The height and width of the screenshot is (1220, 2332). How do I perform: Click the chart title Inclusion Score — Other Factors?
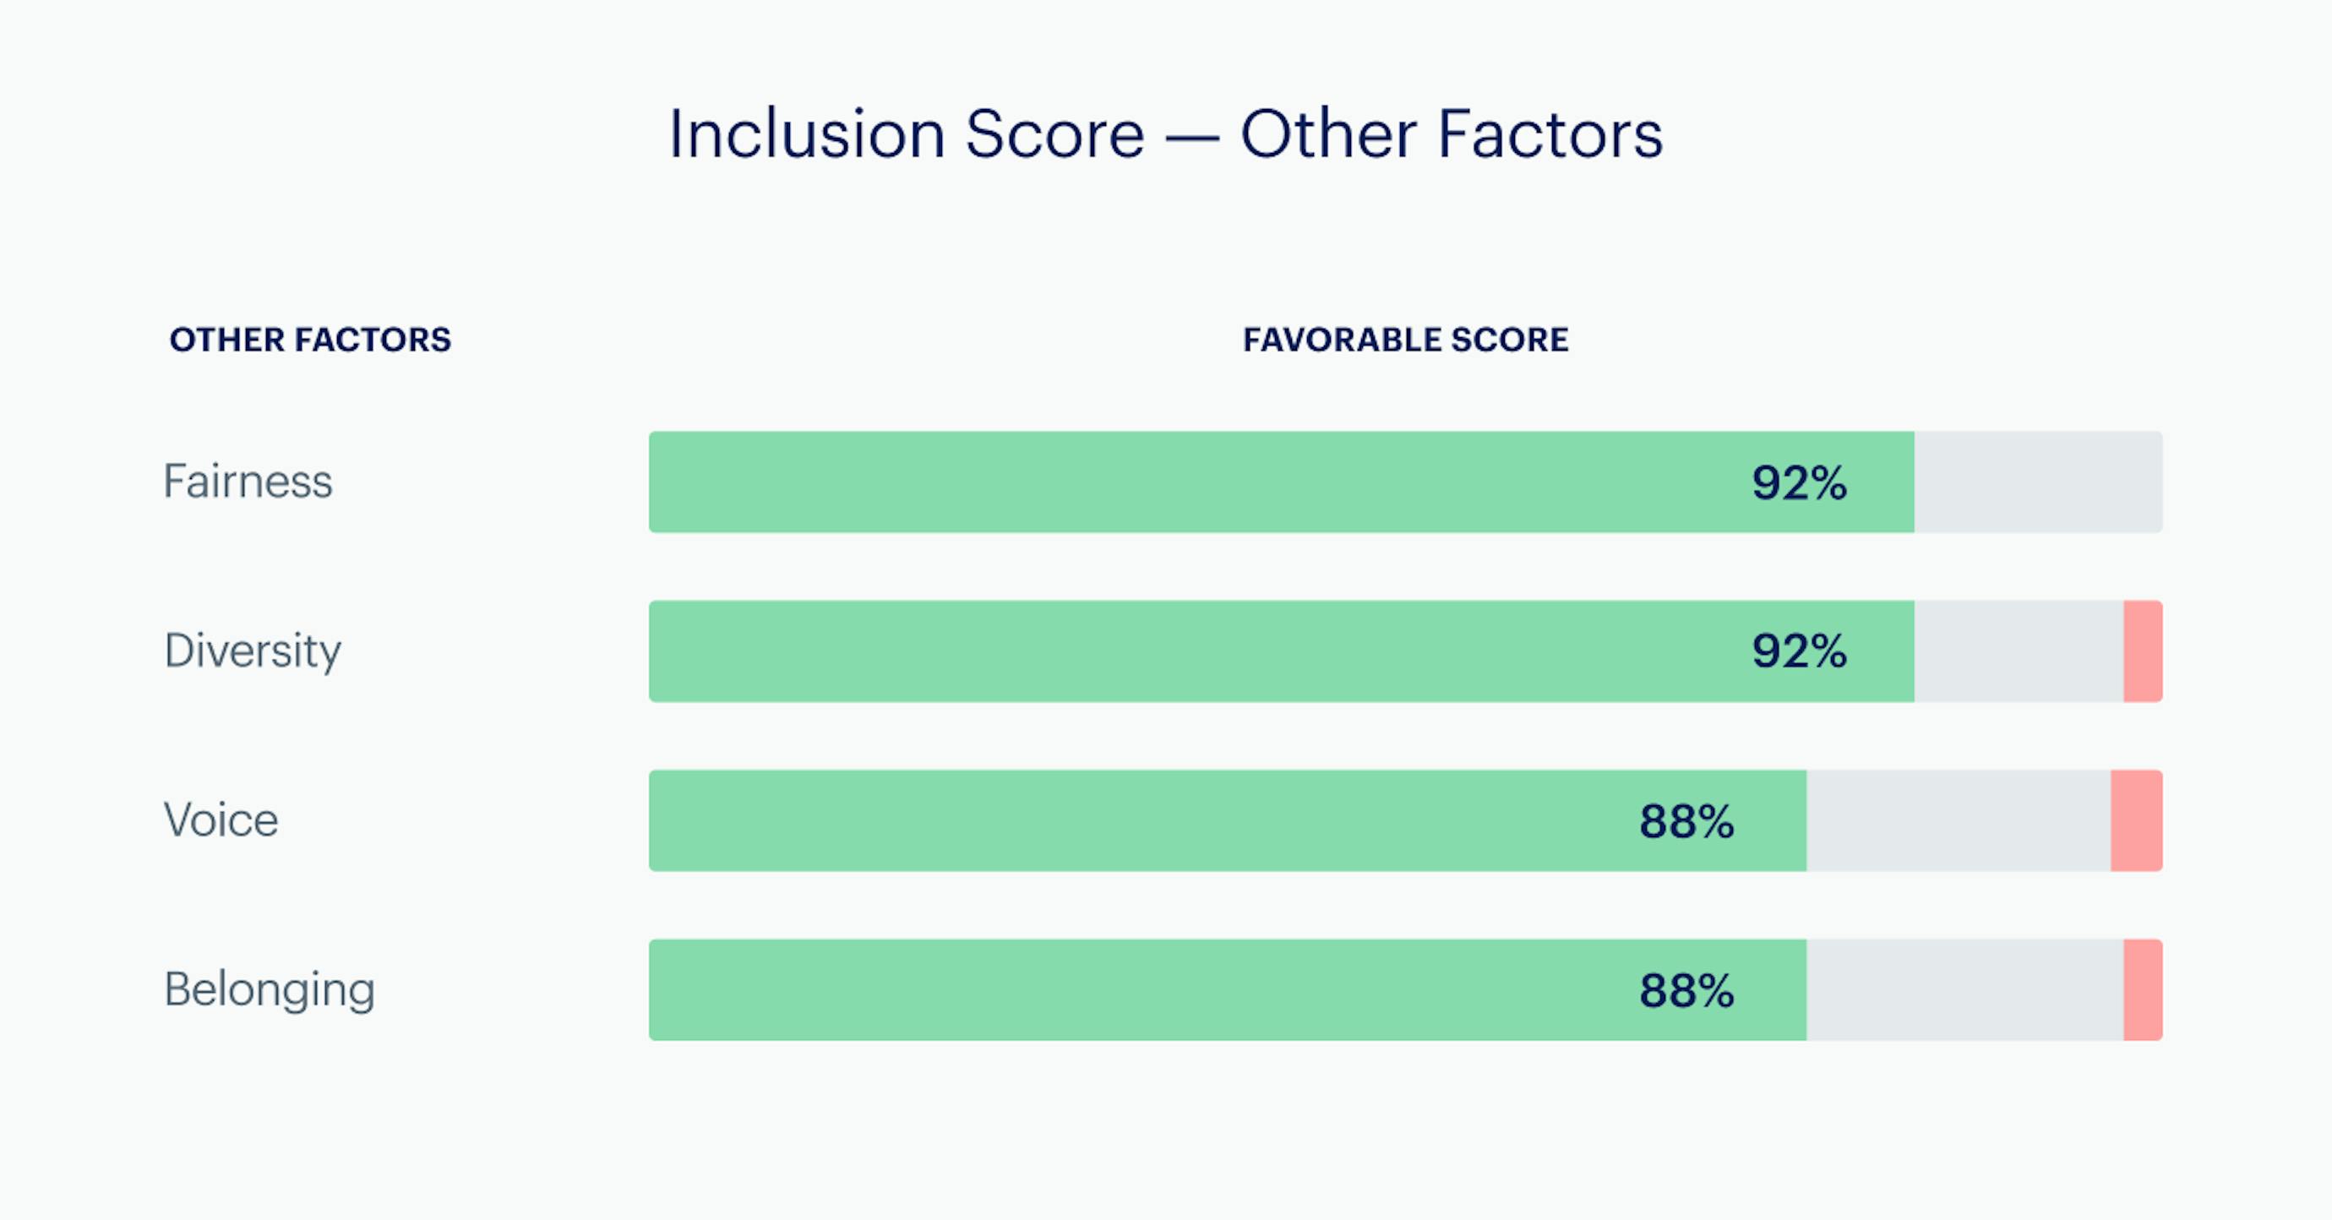(x=1166, y=135)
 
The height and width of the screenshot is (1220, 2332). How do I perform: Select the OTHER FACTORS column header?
(x=311, y=340)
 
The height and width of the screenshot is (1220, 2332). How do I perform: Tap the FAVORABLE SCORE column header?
(x=1406, y=340)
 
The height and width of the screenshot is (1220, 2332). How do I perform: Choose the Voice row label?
(x=221, y=820)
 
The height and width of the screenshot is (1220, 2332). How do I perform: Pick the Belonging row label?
(x=270, y=990)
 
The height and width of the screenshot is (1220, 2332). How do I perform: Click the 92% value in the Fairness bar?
(x=1800, y=482)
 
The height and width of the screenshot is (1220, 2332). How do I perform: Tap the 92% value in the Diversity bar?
(x=1800, y=651)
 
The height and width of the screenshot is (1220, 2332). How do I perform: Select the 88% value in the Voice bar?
(x=1687, y=821)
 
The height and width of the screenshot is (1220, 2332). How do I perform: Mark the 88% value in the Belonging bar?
(x=1687, y=990)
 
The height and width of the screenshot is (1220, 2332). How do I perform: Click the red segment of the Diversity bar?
(x=2144, y=651)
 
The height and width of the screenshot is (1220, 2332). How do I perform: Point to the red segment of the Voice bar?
(x=2138, y=821)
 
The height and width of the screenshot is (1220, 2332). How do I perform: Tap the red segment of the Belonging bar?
(x=2144, y=990)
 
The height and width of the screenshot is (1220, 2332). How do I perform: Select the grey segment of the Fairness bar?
(x=2039, y=482)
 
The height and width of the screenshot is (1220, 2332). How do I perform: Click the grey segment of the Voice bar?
(x=1959, y=821)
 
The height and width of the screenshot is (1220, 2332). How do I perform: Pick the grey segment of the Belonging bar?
(x=1965, y=990)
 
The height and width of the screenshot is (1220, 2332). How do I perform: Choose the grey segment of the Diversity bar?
(x=2019, y=651)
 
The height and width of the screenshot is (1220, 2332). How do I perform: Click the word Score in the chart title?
(x=1055, y=135)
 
